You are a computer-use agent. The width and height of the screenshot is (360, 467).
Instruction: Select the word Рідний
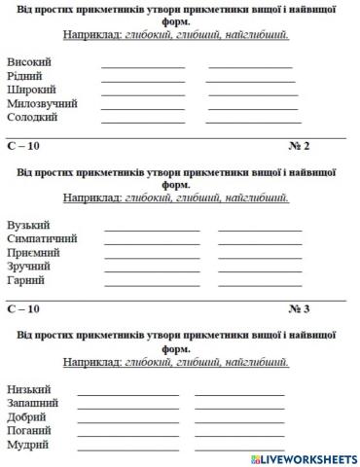click(x=25, y=76)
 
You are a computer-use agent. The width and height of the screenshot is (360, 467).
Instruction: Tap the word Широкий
click(x=31, y=90)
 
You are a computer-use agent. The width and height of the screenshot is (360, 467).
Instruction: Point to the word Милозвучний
click(x=42, y=103)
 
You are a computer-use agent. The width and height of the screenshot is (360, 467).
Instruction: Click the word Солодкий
click(x=32, y=117)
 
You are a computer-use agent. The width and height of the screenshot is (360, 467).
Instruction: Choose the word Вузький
click(x=29, y=225)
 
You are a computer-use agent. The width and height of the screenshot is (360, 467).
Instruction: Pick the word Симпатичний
click(x=42, y=238)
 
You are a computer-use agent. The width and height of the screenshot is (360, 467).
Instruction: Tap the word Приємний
click(x=34, y=252)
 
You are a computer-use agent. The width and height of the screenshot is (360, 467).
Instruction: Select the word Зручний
click(x=30, y=266)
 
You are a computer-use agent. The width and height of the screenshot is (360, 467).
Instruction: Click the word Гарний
click(x=26, y=279)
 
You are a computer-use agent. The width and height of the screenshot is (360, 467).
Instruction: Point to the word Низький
click(x=29, y=388)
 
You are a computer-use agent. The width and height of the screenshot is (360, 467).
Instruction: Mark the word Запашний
click(x=33, y=402)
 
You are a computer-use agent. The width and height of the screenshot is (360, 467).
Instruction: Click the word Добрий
click(x=27, y=416)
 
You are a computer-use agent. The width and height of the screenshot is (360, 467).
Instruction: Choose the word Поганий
click(x=29, y=430)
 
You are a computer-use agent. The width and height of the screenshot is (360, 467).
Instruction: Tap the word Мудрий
click(x=28, y=445)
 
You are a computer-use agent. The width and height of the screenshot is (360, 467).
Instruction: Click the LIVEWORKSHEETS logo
click(x=303, y=458)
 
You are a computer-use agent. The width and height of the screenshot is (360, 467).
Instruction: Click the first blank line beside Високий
click(x=142, y=66)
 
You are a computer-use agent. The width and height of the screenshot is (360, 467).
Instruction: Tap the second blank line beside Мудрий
click(x=239, y=448)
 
